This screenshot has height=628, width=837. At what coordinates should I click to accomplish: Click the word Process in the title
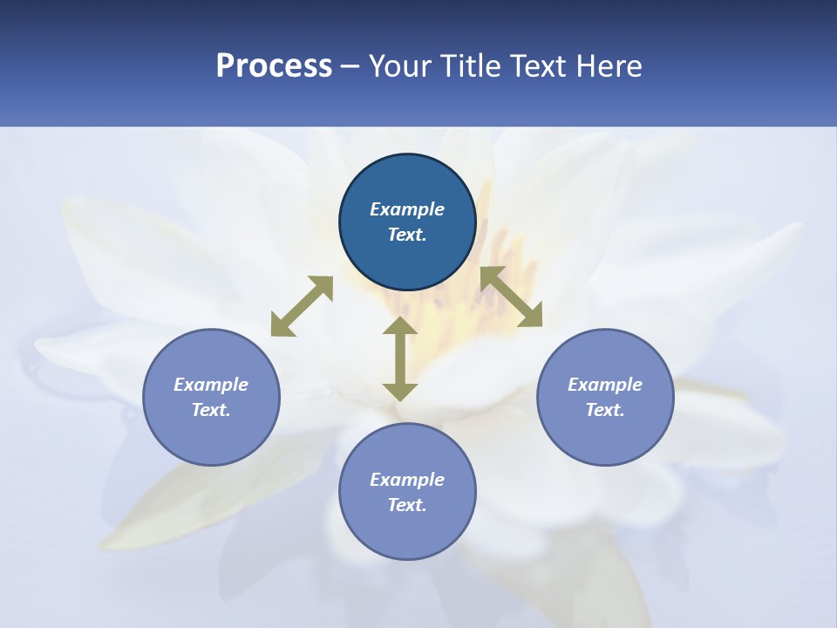click(x=274, y=66)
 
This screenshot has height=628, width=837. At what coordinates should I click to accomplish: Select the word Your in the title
click(x=401, y=66)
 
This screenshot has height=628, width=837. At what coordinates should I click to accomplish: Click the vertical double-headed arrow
click(x=400, y=359)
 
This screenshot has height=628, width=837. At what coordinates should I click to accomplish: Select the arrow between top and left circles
click(x=302, y=306)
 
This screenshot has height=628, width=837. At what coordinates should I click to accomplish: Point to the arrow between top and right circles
click(x=511, y=297)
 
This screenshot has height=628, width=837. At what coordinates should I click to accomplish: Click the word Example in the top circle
click(x=407, y=209)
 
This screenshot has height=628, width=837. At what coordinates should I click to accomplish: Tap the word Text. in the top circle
click(x=407, y=235)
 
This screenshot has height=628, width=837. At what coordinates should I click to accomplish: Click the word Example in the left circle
click(x=211, y=385)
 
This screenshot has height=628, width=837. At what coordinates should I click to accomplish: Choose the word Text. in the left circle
click(x=211, y=410)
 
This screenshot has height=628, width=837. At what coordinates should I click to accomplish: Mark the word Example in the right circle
click(x=605, y=385)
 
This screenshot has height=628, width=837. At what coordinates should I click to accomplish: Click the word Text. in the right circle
click(x=605, y=410)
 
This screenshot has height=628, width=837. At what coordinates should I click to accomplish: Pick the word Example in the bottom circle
click(x=407, y=480)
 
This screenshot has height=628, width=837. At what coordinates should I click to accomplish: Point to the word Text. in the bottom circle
click(x=407, y=505)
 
